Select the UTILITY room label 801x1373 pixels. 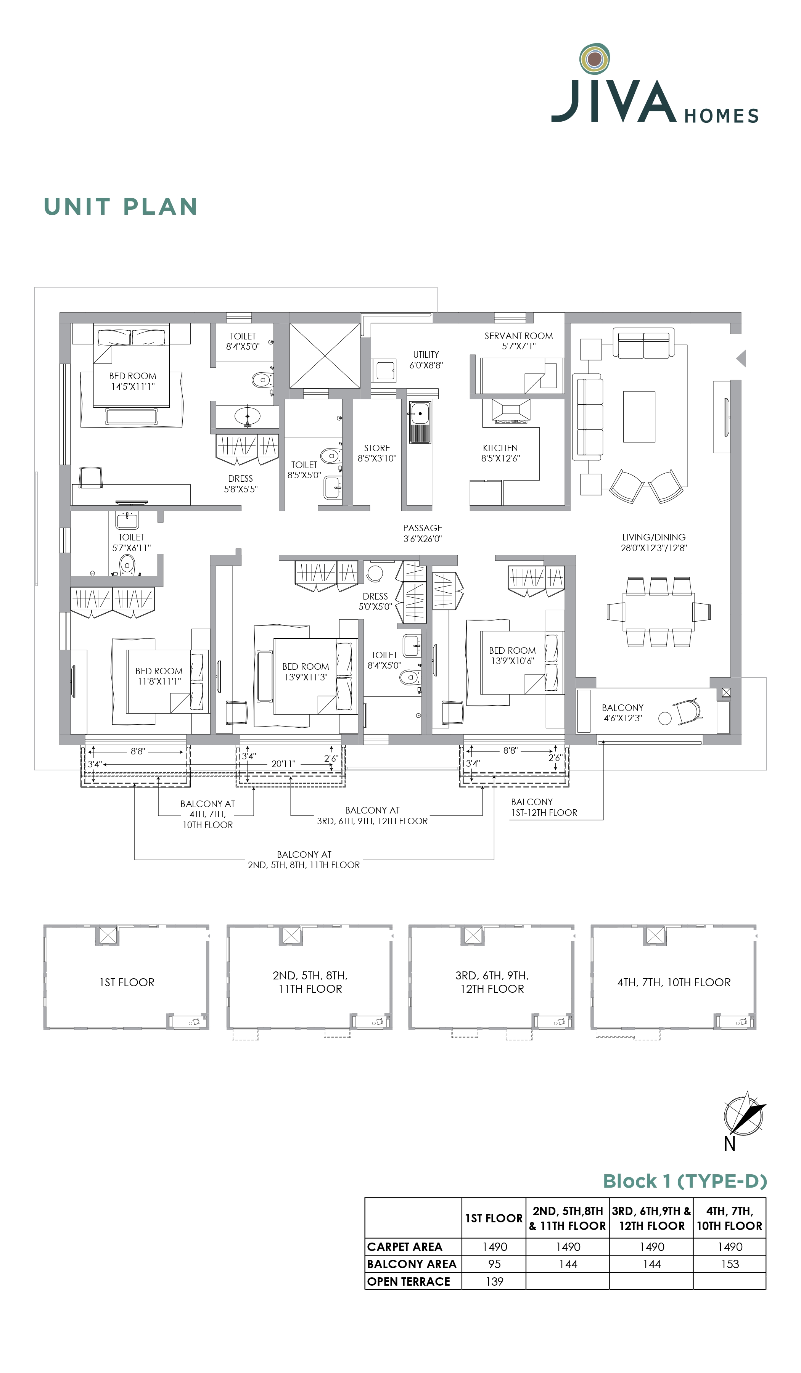point(426,354)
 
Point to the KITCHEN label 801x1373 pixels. point(500,448)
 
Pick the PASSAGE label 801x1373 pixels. point(422,528)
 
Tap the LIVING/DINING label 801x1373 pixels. point(654,537)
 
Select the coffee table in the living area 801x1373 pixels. point(639,417)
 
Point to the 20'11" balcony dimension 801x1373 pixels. point(283,764)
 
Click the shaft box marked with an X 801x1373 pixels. point(325,356)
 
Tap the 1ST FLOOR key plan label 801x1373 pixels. point(127,982)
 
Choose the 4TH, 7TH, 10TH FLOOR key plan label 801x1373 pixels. point(674,982)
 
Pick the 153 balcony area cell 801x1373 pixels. point(730,1264)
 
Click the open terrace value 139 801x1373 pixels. point(494,1281)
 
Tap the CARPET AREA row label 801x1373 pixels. point(404,1247)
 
